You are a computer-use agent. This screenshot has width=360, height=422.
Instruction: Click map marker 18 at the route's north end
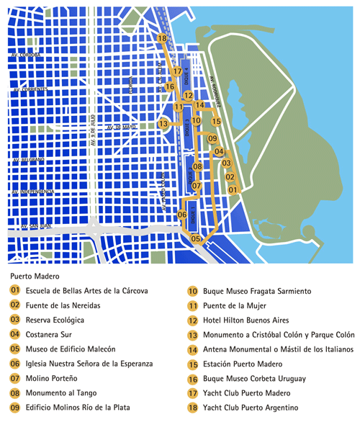point(162,38)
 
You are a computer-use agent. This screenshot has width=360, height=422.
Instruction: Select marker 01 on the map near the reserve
point(233,189)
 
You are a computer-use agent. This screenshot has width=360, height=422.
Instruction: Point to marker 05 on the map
point(196,238)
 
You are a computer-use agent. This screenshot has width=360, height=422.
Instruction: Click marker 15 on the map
point(216,122)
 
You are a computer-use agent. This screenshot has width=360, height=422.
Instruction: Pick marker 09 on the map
point(212,138)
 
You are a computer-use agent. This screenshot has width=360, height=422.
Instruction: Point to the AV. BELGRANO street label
point(30,159)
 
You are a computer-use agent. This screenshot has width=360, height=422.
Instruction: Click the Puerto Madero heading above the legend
point(35,275)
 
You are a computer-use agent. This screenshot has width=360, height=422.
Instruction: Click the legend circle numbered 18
point(192,408)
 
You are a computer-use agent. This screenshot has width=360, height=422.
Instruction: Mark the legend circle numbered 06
point(15,364)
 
